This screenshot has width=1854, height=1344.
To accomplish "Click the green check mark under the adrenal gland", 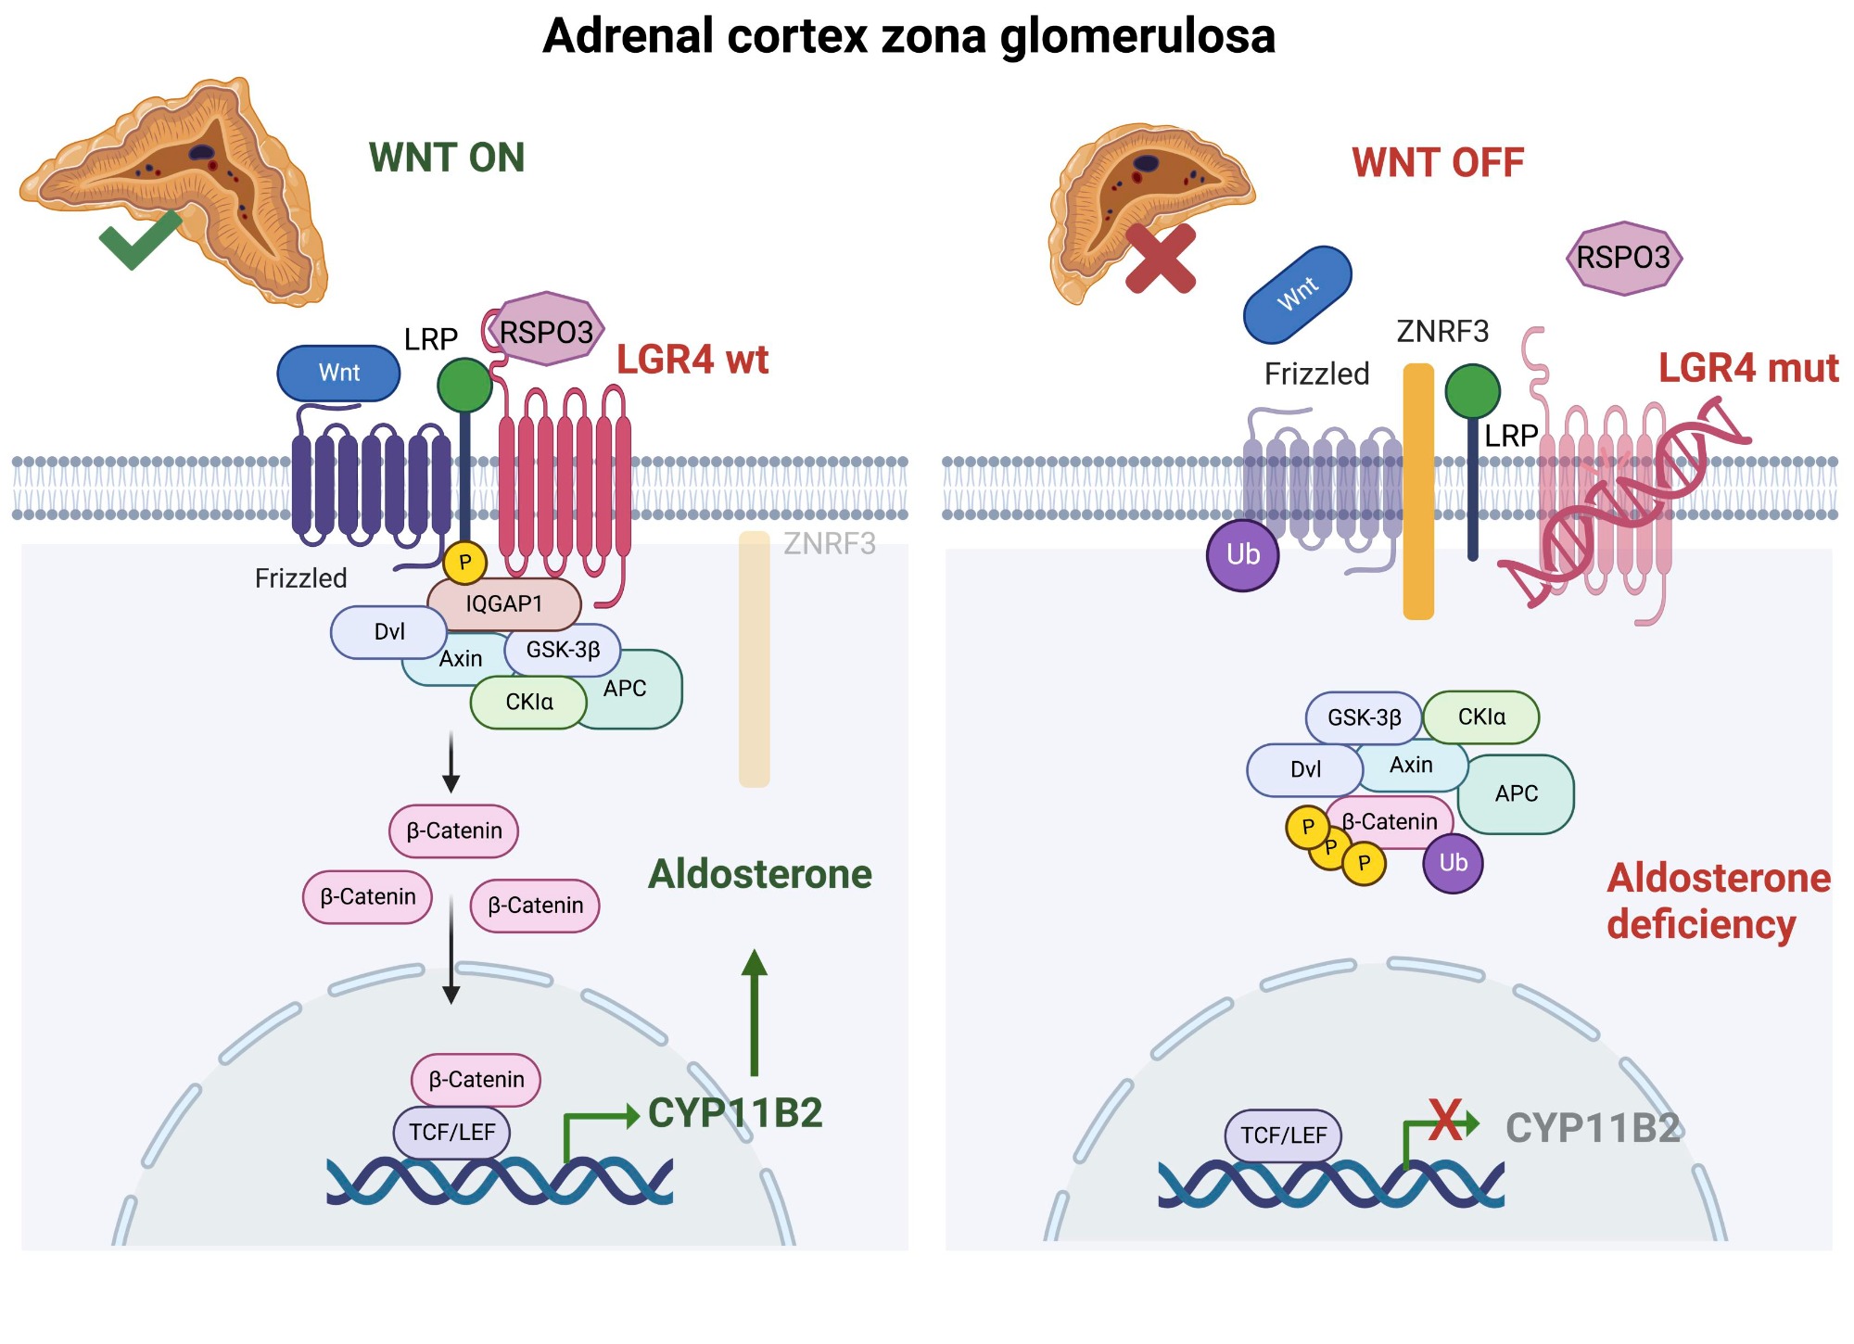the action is point(139,239).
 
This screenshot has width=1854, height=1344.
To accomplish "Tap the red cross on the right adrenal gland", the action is point(1161,259).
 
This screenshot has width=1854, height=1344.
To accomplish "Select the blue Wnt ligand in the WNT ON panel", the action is point(338,373).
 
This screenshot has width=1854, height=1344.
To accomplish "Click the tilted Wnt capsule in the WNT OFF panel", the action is point(1297,295).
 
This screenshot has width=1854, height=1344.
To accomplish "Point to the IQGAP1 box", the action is point(504,604).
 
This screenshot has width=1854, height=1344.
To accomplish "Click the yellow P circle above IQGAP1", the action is point(465,562).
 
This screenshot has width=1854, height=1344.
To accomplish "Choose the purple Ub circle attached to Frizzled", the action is point(1243,555).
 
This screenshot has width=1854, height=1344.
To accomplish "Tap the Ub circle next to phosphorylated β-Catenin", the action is point(1453,863).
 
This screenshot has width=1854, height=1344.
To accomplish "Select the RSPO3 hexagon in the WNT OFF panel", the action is point(1623,258).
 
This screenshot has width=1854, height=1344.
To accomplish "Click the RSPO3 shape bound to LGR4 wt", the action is point(546,330).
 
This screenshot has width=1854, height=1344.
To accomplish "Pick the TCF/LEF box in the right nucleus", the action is point(1283,1135).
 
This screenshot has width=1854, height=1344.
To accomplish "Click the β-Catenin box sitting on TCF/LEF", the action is point(476,1080).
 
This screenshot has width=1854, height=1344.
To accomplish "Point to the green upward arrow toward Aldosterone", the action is point(755,1012).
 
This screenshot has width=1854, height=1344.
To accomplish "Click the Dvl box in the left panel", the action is point(389,632).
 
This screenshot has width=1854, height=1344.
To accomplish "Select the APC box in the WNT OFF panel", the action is point(1517,793).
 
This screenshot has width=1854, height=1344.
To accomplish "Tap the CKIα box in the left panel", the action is point(528,703).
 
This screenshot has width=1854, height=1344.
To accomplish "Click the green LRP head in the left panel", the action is point(464,385).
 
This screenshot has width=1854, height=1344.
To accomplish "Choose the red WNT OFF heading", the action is point(1438,163).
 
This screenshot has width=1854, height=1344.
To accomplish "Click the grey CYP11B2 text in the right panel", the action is point(1593,1128).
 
